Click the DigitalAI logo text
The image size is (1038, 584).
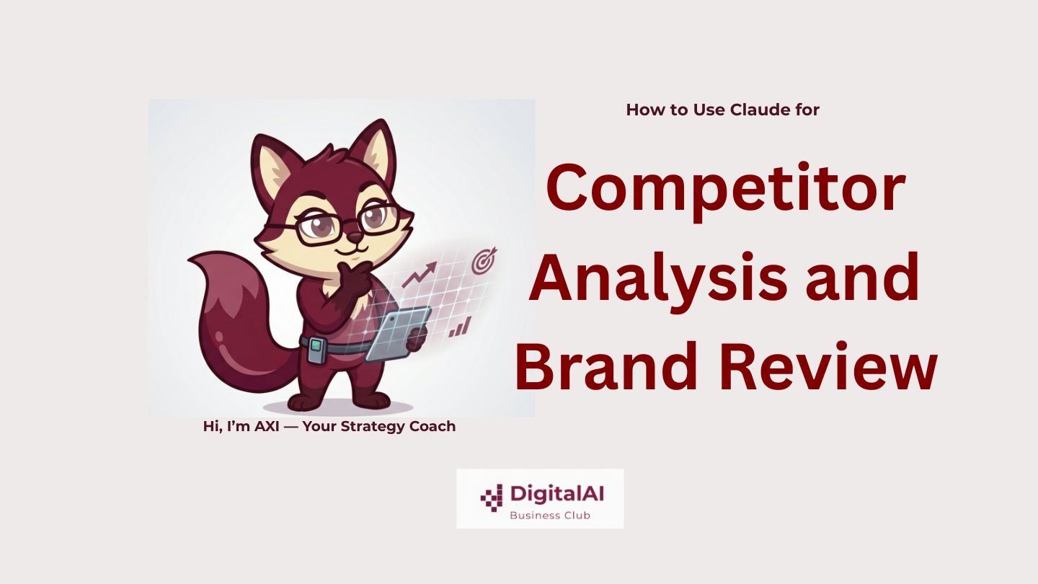pos(556,494)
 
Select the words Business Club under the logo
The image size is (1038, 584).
pos(550,516)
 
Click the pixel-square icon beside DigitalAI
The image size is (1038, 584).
pos(492,497)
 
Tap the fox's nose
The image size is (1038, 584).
pos(355,237)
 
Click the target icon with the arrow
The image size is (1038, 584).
pos(484,260)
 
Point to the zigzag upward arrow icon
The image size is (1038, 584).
pos(420,274)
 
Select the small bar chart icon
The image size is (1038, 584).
pos(460,327)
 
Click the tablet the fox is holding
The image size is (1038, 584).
pos(397,334)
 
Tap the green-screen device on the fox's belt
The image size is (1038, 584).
pos(316,350)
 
